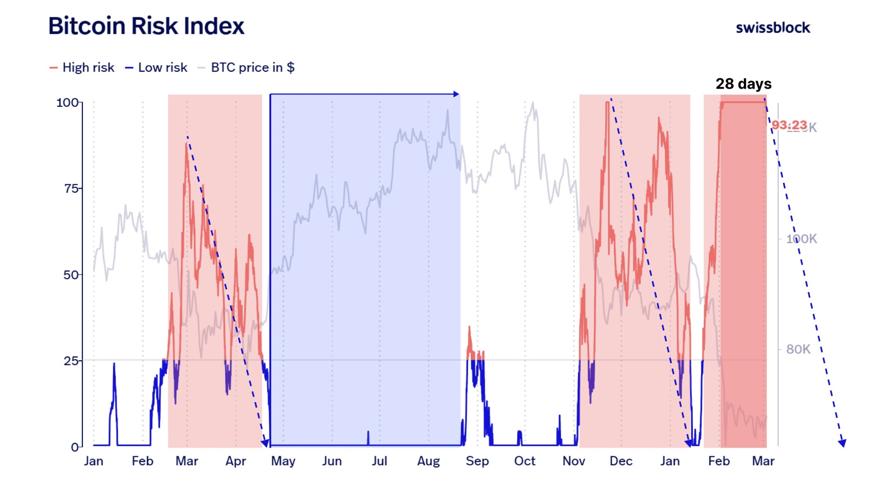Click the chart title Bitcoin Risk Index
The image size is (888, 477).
click(146, 26)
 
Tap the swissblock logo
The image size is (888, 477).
click(773, 28)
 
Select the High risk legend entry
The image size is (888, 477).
click(82, 68)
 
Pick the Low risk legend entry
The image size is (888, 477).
click(156, 68)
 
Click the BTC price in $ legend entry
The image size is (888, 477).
click(247, 68)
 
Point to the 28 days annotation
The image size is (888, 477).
click(743, 84)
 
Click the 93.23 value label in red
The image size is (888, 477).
click(789, 125)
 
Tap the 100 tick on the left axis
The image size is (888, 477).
click(68, 102)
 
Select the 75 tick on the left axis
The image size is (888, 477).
click(71, 188)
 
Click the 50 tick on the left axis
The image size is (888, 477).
click(71, 275)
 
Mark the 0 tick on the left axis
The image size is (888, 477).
click(75, 447)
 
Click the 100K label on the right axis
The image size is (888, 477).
click(801, 239)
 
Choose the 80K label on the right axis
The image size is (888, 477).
click(798, 349)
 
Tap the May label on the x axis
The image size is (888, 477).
click(283, 461)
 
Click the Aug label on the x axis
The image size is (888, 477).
click(428, 461)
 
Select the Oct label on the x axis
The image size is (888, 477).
click(524, 461)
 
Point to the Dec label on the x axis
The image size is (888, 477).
click(621, 461)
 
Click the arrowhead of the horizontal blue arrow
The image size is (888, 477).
click(456, 94)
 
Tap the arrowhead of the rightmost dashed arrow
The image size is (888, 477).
click(842, 443)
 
